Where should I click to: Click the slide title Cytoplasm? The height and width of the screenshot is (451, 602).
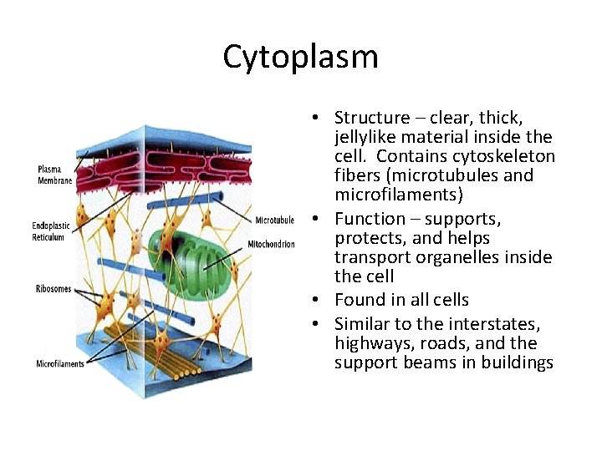tap(300, 57)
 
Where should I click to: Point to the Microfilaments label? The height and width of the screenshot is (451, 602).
tap(60, 364)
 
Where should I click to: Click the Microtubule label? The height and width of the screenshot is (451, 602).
tap(274, 221)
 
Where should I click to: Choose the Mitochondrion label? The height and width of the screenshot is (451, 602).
tap(272, 245)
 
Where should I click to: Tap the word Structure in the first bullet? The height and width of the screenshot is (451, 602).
tap(372, 118)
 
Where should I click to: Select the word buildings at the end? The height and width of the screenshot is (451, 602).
tap(519, 362)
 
